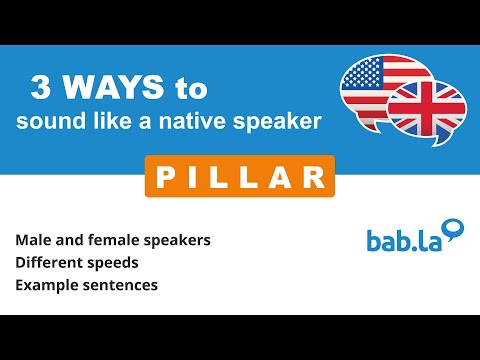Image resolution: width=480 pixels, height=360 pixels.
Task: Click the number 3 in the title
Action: point(42,89)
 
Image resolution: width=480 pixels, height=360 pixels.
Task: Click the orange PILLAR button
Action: point(239,177)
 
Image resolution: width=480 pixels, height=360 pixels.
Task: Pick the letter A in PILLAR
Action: point(283,177)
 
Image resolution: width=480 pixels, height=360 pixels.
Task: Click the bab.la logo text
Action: point(403,242)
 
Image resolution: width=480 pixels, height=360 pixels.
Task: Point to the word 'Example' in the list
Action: point(45,285)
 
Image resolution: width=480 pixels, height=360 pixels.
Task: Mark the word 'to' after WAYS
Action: point(190,89)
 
